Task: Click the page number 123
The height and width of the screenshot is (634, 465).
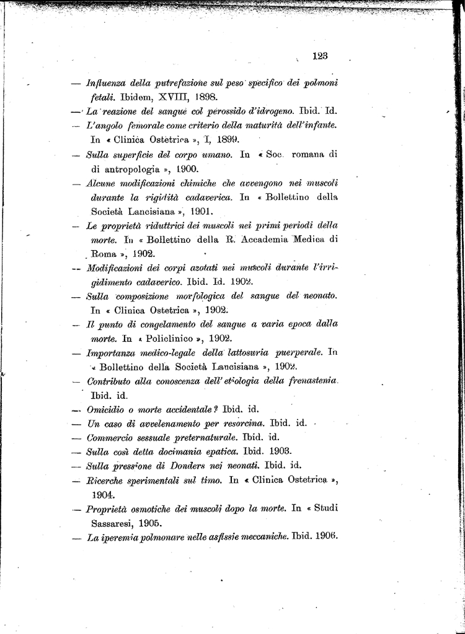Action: coord(320,56)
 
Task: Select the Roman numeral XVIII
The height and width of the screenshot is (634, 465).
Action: coord(177,97)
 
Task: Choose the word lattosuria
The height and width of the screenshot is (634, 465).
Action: coord(236,353)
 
